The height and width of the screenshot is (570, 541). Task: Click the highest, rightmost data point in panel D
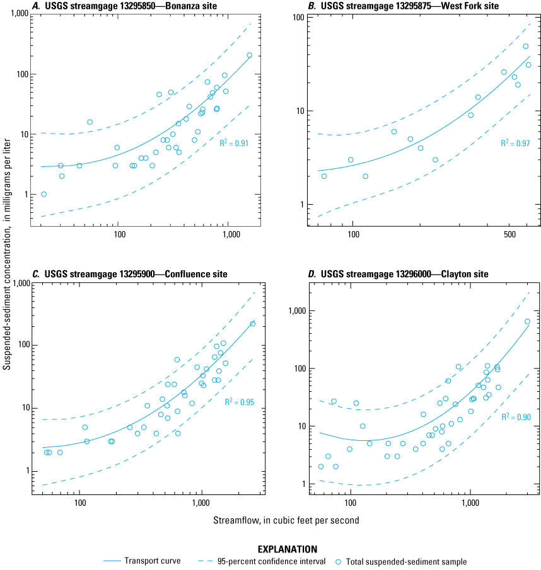coord(527,321)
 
